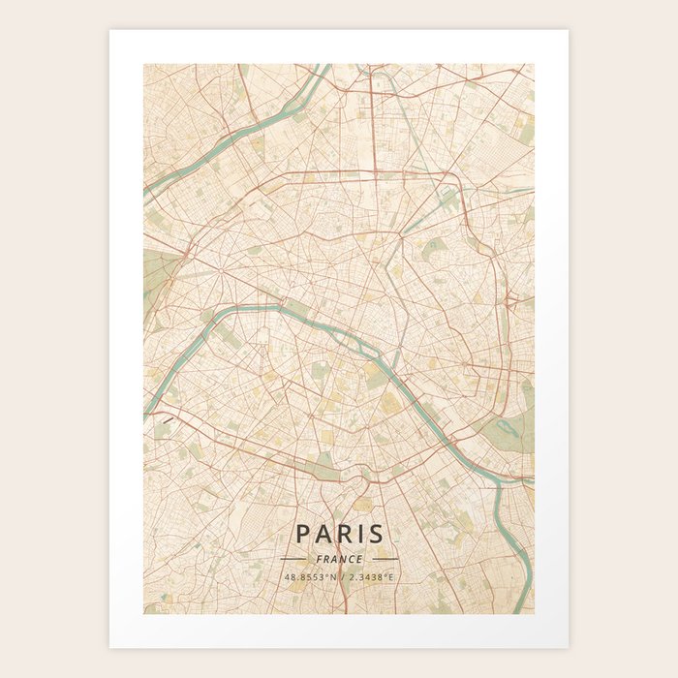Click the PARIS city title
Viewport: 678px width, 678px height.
pyautogui.click(x=339, y=534)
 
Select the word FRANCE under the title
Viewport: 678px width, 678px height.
pyautogui.click(x=339, y=559)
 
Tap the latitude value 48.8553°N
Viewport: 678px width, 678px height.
pyautogui.click(x=310, y=577)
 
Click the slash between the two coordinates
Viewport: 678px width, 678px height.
pyautogui.click(x=339, y=577)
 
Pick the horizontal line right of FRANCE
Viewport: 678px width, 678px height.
pyautogui.click(x=385, y=559)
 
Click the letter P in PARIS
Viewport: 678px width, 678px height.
pyautogui.click(x=302, y=534)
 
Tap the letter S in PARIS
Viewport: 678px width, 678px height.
pyautogui.click(x=376, y=534)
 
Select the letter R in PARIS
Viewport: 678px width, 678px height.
pyautogui.click(x=341, y=534)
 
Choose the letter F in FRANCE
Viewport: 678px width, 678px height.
pyautogui.click(x=319, y=559)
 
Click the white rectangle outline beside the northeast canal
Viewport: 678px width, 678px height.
pyautogui.click(x=447, y=200)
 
